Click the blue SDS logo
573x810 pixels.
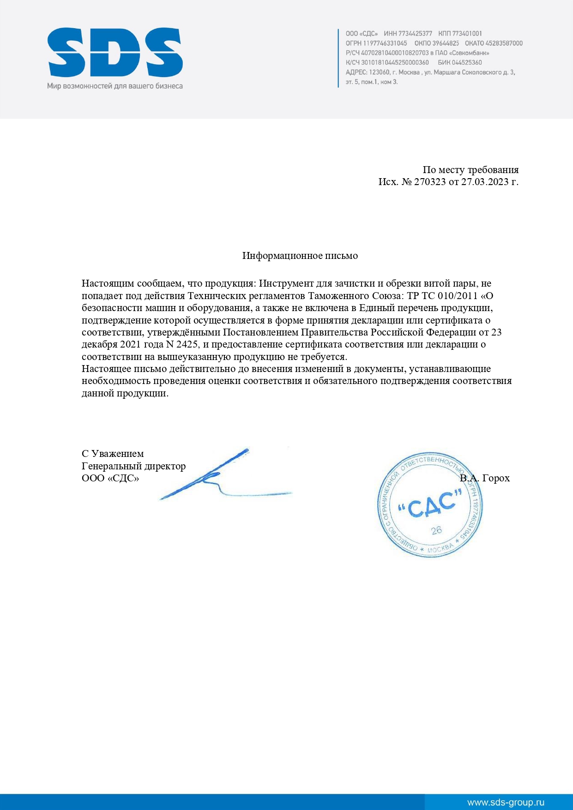pos(115,52)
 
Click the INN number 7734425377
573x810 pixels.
pos(415,34)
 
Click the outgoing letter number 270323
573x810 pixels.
pos(429,182)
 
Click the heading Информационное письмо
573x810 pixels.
pos(300,256)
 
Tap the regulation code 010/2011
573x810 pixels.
pos(457,296)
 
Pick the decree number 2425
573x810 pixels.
pos(187,344)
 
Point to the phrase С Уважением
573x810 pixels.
pos(113,454)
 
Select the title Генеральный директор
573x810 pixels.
pos(133,466)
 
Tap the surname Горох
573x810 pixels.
pos(496,478)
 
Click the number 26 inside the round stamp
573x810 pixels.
pos(436,530)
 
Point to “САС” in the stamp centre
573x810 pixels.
pos(430,505)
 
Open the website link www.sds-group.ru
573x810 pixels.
pos(506,803)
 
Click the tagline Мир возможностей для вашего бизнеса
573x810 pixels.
pos(115,86)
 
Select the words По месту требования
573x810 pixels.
pos(470,170)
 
